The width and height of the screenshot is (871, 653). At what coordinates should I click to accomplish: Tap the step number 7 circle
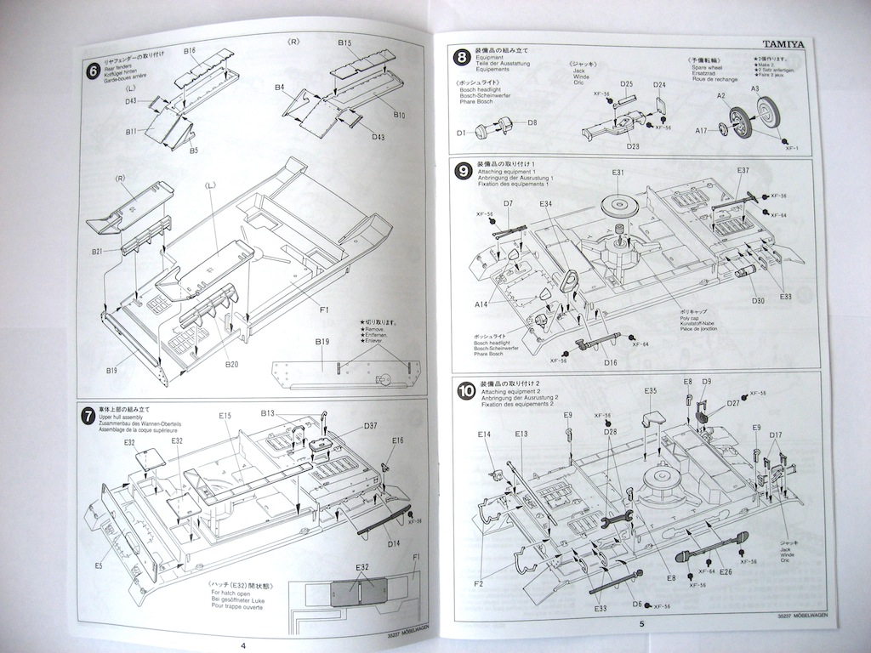pos(88,415)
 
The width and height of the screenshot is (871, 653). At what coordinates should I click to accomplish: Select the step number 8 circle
pos(461,59)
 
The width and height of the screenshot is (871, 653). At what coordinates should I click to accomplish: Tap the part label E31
pos(618,173)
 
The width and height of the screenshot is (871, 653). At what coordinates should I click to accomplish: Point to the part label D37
pos(370,426)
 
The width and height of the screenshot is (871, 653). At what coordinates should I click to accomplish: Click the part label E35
pos(651,391)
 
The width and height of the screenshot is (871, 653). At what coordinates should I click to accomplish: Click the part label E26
pos(726,572)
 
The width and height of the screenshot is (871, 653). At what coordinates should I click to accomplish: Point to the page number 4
pos(244,645)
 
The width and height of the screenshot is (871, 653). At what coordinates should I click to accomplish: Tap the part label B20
pos(231,364)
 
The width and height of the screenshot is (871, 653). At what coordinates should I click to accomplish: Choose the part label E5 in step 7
pos(99,564)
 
